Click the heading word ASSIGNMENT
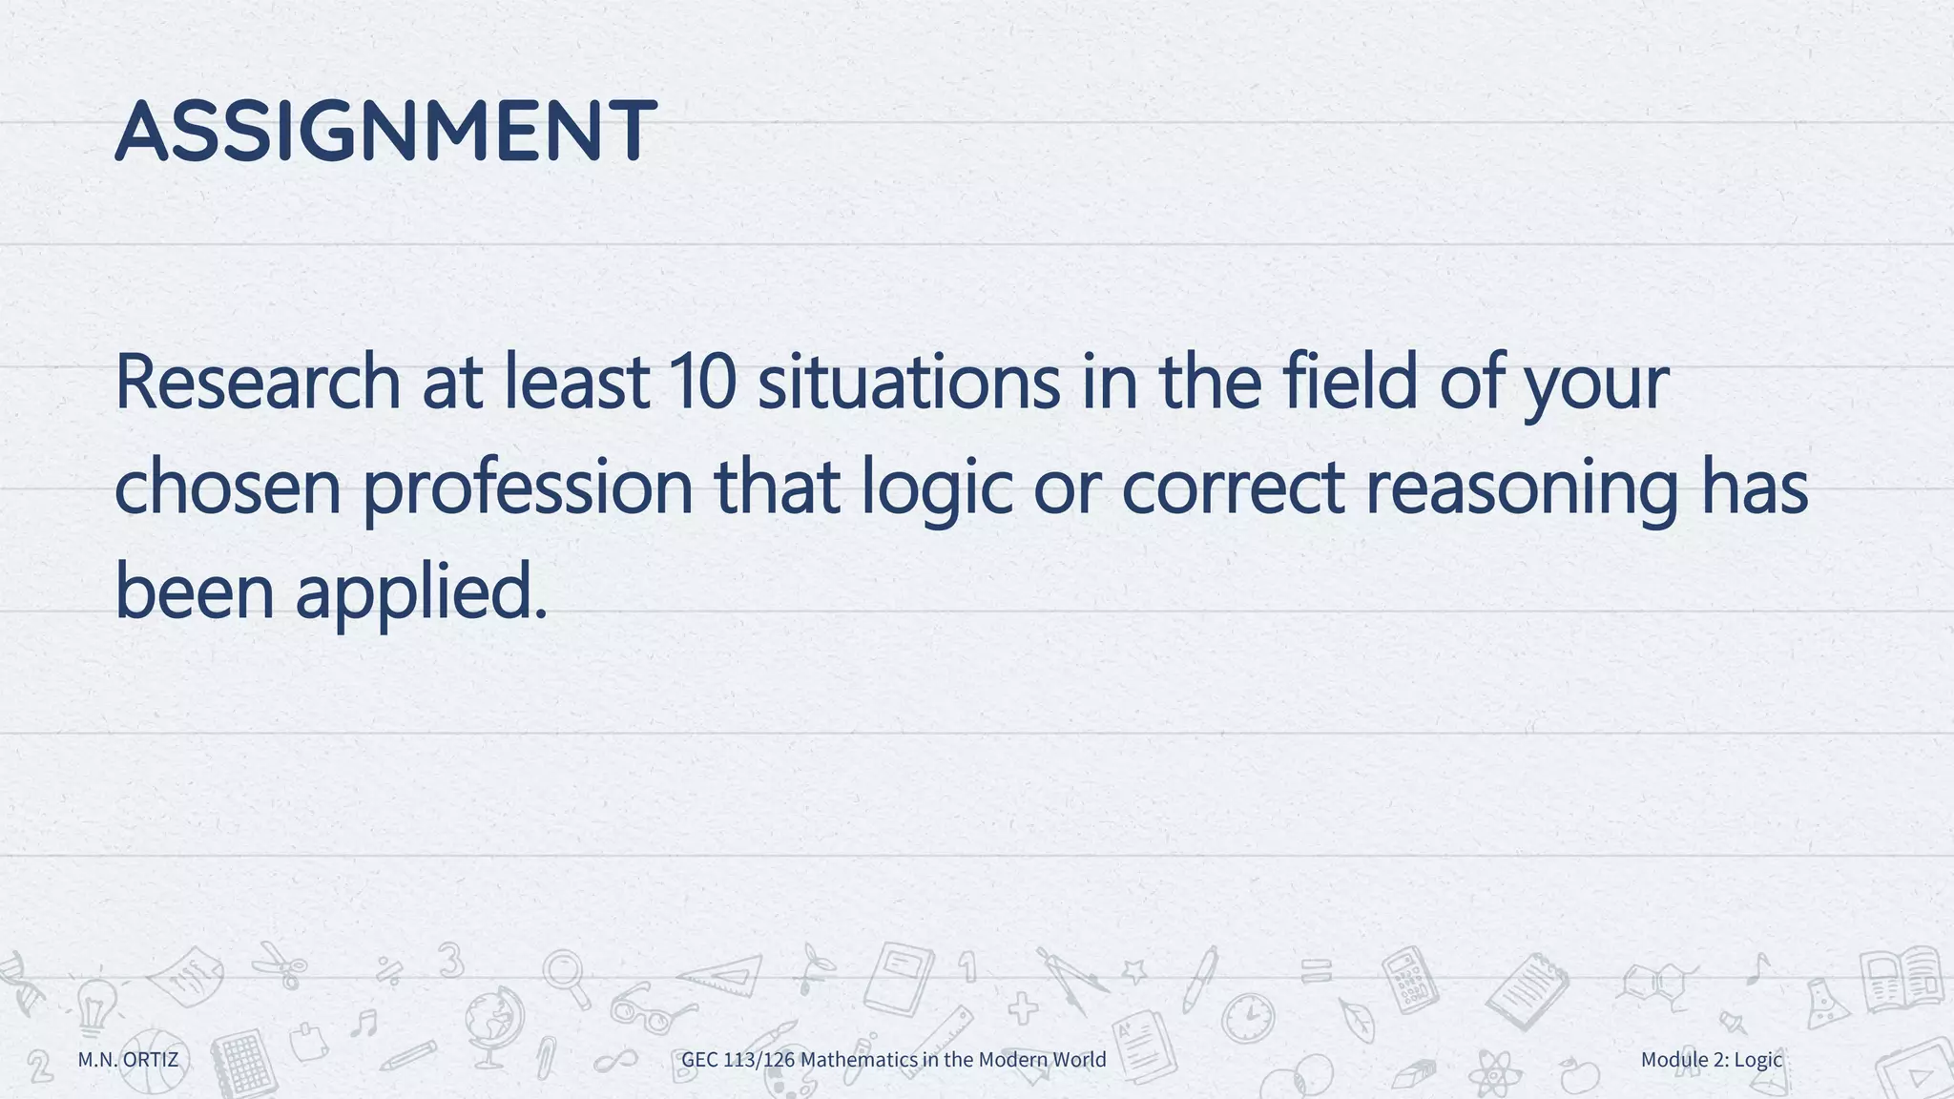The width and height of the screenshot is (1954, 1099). (385, 131)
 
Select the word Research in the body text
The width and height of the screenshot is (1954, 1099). (258, 382)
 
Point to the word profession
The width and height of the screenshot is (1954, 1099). (528, 487)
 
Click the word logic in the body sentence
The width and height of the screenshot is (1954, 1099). (936, 487)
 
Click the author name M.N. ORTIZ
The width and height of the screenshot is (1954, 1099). (128, 1059)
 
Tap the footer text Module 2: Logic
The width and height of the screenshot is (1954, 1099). (1712, 1059)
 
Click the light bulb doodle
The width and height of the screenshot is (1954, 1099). (95, 1006)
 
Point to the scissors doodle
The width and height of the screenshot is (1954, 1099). (280, 964)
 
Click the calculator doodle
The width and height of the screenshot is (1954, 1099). (1410, 979)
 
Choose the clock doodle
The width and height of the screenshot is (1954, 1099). (1248, 1018)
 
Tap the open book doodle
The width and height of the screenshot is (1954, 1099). (1902, 979)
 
